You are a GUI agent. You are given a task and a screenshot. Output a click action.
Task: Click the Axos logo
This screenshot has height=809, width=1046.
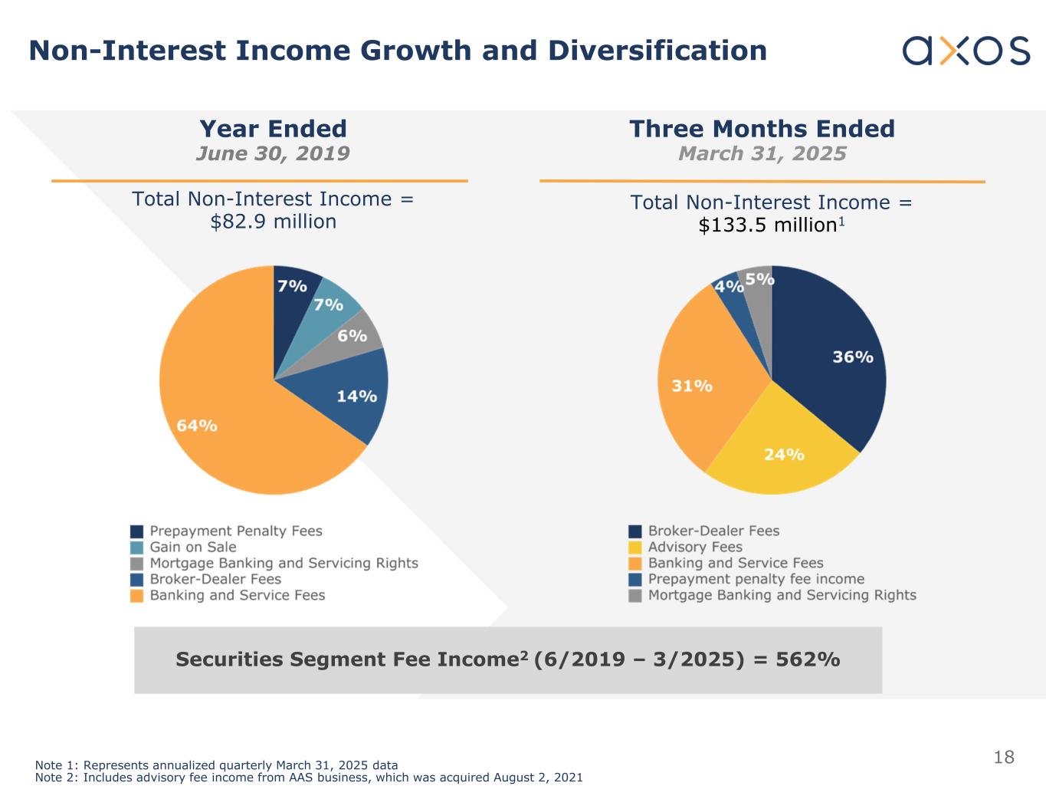[x=966, y=51]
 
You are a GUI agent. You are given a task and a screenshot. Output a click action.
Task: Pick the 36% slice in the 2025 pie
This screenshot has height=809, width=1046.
[x=835, y=360]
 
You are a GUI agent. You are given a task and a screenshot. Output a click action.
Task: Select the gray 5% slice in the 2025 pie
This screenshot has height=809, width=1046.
[x=756, y=288]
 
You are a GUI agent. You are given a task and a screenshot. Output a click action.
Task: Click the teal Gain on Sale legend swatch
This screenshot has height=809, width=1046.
[x=137, y=548]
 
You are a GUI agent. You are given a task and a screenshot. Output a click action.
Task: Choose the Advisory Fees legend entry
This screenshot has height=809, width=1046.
[x=695, y=548]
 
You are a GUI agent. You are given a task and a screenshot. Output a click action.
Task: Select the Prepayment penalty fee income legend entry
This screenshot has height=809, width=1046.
[x=756, y=579]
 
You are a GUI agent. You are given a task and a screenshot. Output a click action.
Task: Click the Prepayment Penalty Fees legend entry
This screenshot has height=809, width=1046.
[x=235, y=531]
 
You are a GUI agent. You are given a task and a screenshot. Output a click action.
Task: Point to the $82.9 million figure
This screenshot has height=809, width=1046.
[x=274, y=222]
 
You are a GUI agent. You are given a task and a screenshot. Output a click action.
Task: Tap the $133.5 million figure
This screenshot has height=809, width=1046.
[x=766, y=225]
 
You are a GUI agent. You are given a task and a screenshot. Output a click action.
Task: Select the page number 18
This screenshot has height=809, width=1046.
[x=1004, y=758]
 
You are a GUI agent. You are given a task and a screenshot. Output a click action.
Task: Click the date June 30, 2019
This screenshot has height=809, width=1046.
[x=273, y=153]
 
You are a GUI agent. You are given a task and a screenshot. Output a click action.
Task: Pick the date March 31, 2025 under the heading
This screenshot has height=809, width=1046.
[x=762, y=153]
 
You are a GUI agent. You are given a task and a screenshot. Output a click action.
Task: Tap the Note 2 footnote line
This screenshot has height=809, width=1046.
[x=309, y=778]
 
